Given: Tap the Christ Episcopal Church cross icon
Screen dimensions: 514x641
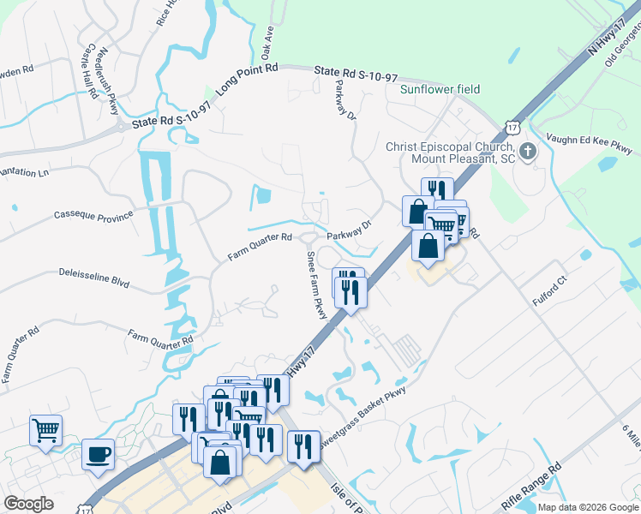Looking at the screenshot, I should (x=528, y=152).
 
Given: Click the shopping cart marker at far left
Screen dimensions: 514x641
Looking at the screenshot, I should (x=45, y=429).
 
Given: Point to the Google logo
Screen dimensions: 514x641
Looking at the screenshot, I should (x=28, y=504).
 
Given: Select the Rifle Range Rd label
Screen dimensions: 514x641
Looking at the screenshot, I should (x=531, y=486).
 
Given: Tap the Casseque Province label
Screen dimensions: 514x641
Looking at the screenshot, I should (x=93, y=214).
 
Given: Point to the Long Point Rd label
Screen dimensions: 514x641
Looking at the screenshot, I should (x=248, y=79).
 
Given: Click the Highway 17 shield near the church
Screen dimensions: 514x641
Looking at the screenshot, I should (x=512, y=127).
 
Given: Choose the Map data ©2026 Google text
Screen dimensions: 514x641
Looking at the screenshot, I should (x=588, y=507).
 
